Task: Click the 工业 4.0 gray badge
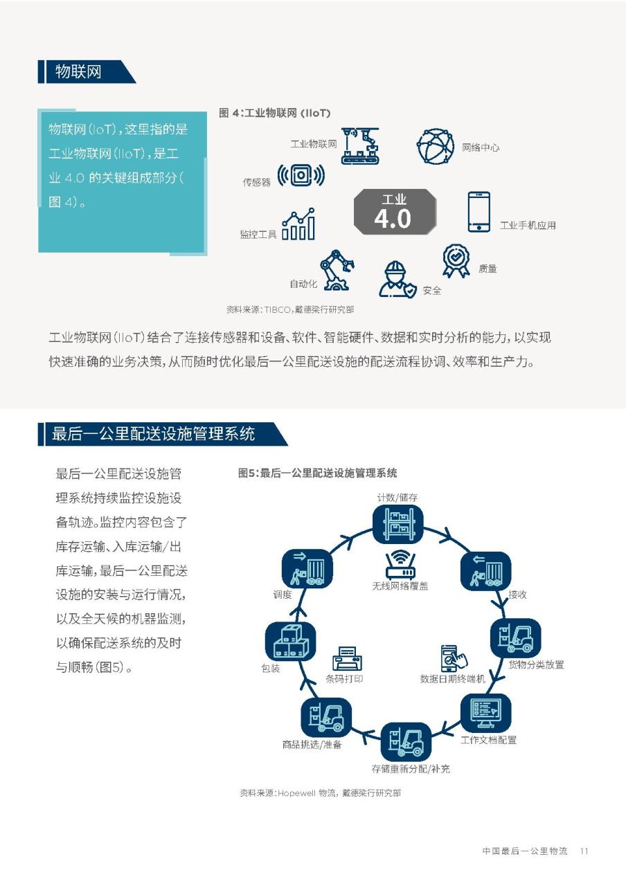click(395, 212)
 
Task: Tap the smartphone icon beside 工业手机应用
click(479, 212)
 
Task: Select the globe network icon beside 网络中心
click(436, 146)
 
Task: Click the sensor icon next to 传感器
click(301, 175)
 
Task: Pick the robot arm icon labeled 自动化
click(337, 270)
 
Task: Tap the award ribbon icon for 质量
click(456, 261)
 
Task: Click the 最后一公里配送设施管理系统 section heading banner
click(162, 434)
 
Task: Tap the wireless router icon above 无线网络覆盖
click(400, 566)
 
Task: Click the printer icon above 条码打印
click(348, 658)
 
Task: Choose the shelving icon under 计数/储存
click(398, 524)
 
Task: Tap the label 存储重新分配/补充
click(411, 768)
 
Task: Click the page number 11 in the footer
click(584, 851)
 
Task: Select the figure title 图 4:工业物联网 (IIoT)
click(275, 113)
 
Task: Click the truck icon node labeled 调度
click(307, 569)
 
